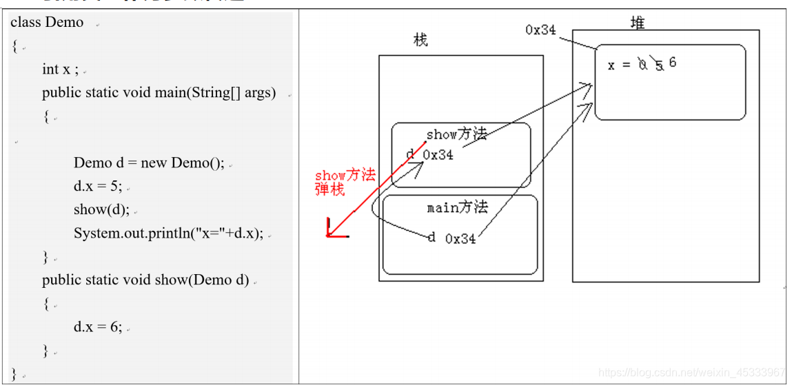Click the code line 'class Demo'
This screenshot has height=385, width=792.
point(47,23)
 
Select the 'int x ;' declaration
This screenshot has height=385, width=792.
point(60,69)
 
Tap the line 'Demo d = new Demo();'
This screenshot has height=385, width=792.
point(149,163)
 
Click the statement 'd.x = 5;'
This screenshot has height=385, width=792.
point(97,187)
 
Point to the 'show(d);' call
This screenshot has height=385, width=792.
point(101,210)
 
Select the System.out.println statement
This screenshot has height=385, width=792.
point(168,233)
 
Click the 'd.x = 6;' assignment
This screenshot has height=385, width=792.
point(97,327)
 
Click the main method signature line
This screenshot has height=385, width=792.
point(159,93)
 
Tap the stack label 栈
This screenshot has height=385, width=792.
point(420,40)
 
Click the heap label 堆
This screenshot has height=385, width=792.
point(638,23)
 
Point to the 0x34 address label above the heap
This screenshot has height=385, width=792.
point(540,30)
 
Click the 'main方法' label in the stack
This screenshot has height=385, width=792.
point(457,207)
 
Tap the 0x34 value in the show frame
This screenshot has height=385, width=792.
point(438,155)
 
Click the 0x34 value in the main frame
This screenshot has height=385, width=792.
point(460,239)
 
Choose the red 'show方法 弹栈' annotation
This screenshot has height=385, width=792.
point(345,182)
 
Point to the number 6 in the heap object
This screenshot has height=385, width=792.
point(673,62)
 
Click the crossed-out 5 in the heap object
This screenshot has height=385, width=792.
point(659,65)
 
